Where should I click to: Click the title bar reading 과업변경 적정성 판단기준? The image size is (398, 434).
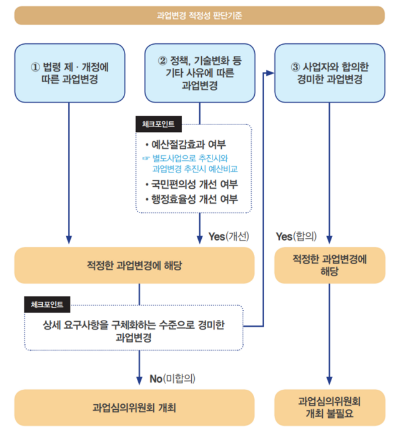tap(199, 16)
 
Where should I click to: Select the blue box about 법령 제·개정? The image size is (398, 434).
tap(69, 72)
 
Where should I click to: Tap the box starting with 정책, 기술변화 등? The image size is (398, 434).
tap(200, 73)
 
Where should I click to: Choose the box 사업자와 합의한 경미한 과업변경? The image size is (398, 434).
tap(330, 73)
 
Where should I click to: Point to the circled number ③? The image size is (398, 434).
tap(295, 67)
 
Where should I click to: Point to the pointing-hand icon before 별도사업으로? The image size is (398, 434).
tap(146, 158)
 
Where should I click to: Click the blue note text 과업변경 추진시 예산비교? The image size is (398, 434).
tap(194, 169)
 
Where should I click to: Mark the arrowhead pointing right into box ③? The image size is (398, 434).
tap(270, 73)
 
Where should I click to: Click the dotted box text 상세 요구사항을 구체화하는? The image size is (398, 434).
tap(134, 325)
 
